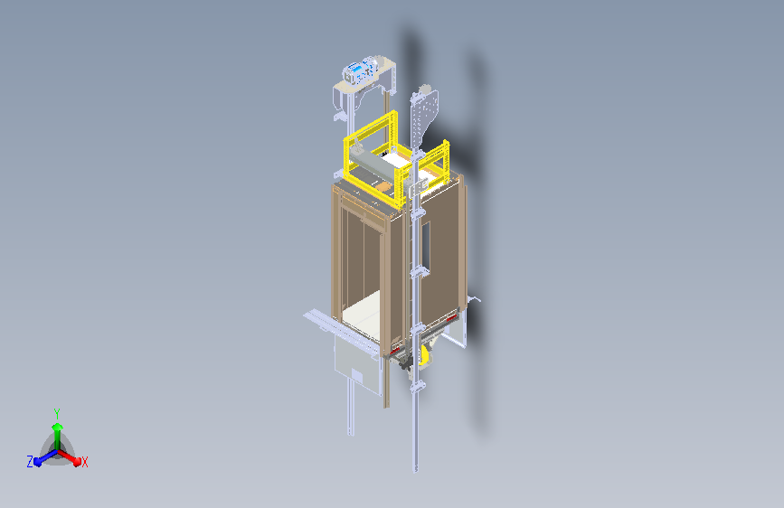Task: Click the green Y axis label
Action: tap(57, 413)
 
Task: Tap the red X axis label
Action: tap(84, 462)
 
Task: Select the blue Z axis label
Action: tap(30, 462)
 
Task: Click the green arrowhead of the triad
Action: tap(58, 427)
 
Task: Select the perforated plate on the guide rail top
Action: tap(424, 116)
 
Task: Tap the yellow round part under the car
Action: tap(424, 354)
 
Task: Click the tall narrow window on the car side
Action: tap(426, 245)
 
